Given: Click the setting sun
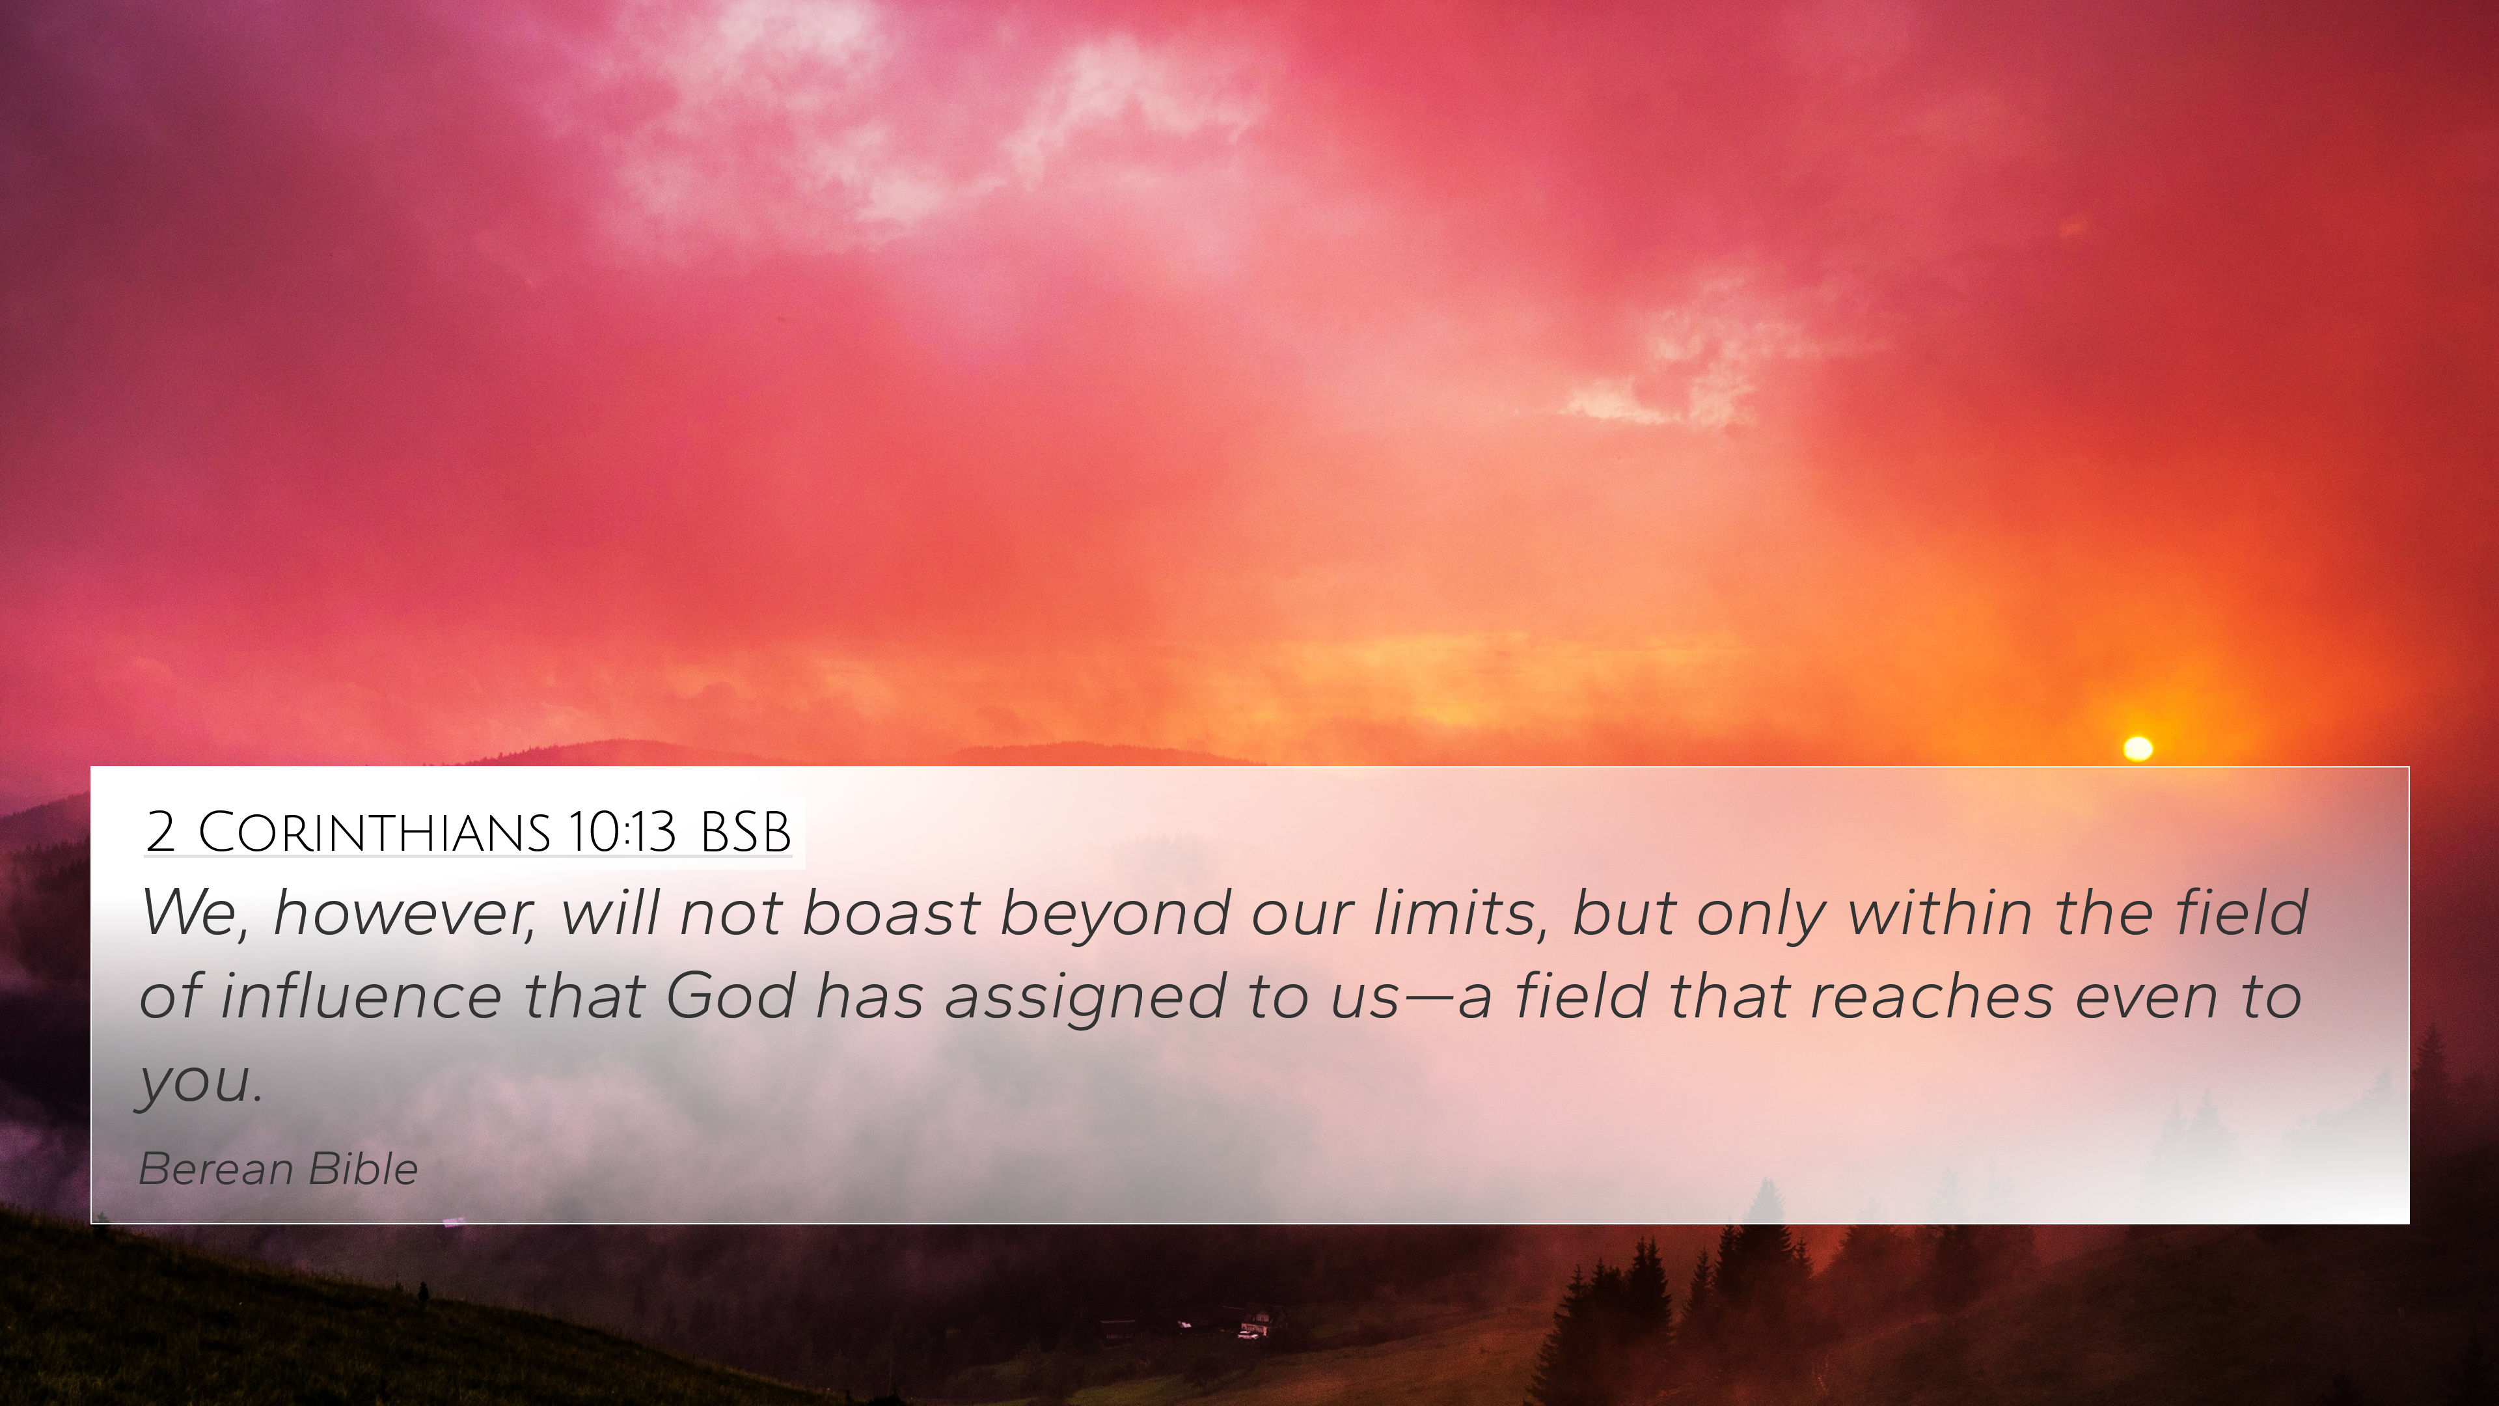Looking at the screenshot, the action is [x=2138, y=748].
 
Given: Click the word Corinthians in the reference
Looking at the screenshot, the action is [x=374, y=832].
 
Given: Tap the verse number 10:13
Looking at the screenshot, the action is [x=622, y=832].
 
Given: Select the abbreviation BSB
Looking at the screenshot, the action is [x=745, y=832].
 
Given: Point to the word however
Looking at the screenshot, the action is [x=403, y=914].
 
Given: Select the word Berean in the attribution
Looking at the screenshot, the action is [x=216, y=1169].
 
